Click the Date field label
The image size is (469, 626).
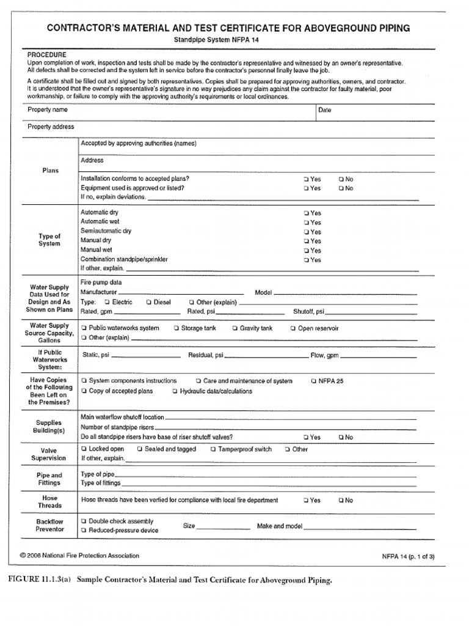(x=324, y=111)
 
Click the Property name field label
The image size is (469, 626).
(x=48, y=110)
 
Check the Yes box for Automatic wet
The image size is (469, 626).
(x=306, y=223)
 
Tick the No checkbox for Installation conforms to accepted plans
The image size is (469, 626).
(x=341, y=179)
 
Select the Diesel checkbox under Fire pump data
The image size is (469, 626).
(x=148, y=302)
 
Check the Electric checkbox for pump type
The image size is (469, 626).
(x=107, y=302)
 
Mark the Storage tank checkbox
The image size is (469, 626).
(x=176, y=328)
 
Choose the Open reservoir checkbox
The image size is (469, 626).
(x=293, y=328)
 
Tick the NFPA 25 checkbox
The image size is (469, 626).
(x=314, y=381)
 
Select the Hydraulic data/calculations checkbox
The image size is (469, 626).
(x=175, y=391)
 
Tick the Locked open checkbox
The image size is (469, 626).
(x=84, y=449)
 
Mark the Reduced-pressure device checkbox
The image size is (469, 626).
(x=84, y=531)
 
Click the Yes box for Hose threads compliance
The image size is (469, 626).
(x=306, y=501)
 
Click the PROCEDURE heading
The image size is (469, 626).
(x=47, y=54)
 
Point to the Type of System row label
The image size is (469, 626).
(x=49, y=240)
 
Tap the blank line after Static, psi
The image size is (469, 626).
(x=146, y=356)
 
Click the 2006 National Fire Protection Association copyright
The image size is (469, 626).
(x=79, y=556)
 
